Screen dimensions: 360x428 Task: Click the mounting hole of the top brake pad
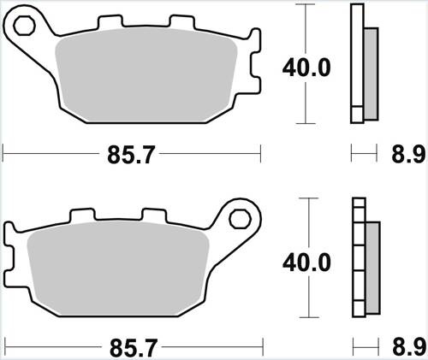(25, 29)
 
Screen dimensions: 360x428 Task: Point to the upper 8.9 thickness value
(407, 156)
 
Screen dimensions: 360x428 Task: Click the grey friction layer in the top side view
(371, 73)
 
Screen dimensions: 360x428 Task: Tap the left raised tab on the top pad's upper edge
(106, 21)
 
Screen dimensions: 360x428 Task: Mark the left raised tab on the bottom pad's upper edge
(82, 216)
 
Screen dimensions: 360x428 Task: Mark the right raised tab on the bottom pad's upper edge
(153, 216)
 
